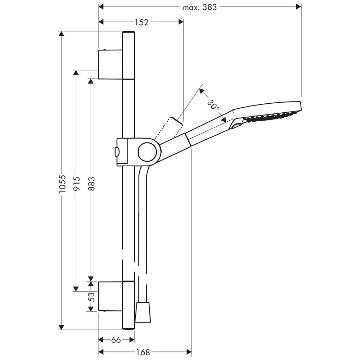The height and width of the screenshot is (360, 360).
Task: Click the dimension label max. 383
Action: pyautogui.click(x=200, y=7)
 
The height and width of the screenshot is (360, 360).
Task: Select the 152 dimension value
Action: pyautogui.click(x=142, y=22)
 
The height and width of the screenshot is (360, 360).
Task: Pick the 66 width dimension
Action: pyautogui.click(x=116, y=340)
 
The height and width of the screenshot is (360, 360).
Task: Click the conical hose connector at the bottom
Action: pyautogui.click(x=143, y=312)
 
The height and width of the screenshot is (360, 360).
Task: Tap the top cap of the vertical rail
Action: pyautogui.click(x=129, y=33)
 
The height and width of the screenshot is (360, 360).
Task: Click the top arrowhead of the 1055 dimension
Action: pyautogui.click(x=62, y=34)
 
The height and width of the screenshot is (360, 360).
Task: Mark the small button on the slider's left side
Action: pyautogui.click(x=116, y=152)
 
